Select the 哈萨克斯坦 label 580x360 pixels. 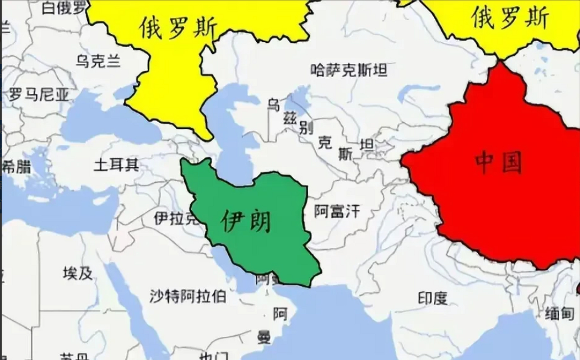[x=349, y=70]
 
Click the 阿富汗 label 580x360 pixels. [x=337, y=211]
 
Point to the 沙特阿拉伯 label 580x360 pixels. [x=188, y=296]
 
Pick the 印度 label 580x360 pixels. [x=433, y=298]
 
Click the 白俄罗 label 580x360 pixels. [x=64, y=8]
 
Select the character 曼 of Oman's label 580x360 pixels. [x=264, y=337]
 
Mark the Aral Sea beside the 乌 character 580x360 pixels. [x=293, y=104]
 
